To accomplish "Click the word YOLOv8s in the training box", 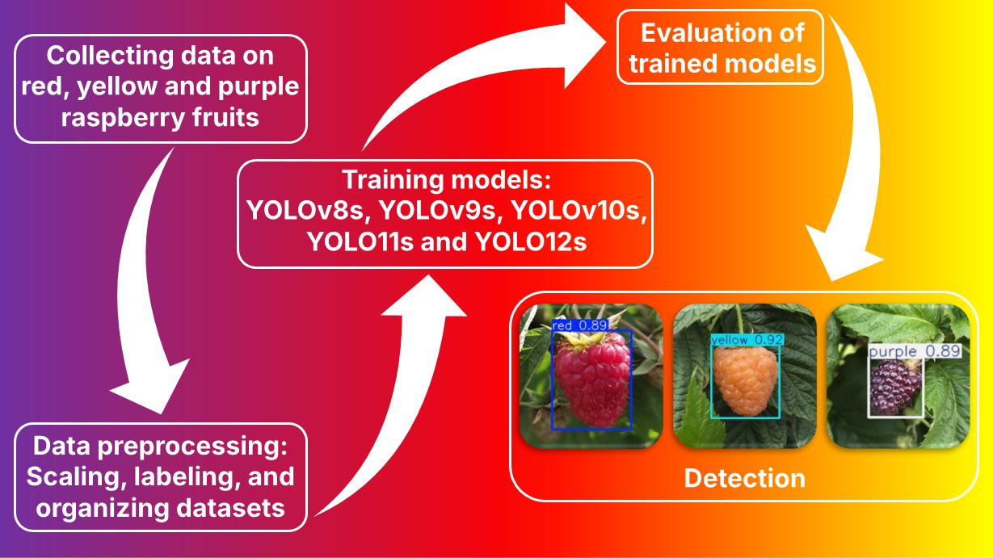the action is pyautogui.click(x=305, y=211).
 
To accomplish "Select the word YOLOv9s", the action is pyautogui.click(x=437, y=211).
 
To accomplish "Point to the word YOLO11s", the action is pyautogui.click(x=360, y=242).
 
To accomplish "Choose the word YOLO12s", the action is pyautogui.click(x=531, y=242).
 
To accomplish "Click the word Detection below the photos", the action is pyautogui.click(x=744, y=478).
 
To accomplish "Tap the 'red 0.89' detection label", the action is pyautogui.click(x=579, y=325).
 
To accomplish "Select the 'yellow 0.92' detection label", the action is pyautogui.click(x=747, y=340).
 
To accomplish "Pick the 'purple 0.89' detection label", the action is pyautogui.click(x=915, y=351).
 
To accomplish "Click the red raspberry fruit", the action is pyautogui.click(x=593, y=379).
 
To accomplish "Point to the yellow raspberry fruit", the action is pyautogui.click(x=745, y=381).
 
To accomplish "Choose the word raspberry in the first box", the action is pyautogui.click(x=123, y=118).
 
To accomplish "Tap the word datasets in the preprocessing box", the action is pyautogui.click(x=230, y=507).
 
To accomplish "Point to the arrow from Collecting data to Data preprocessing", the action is pyautogui.click(x=133, y=283).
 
